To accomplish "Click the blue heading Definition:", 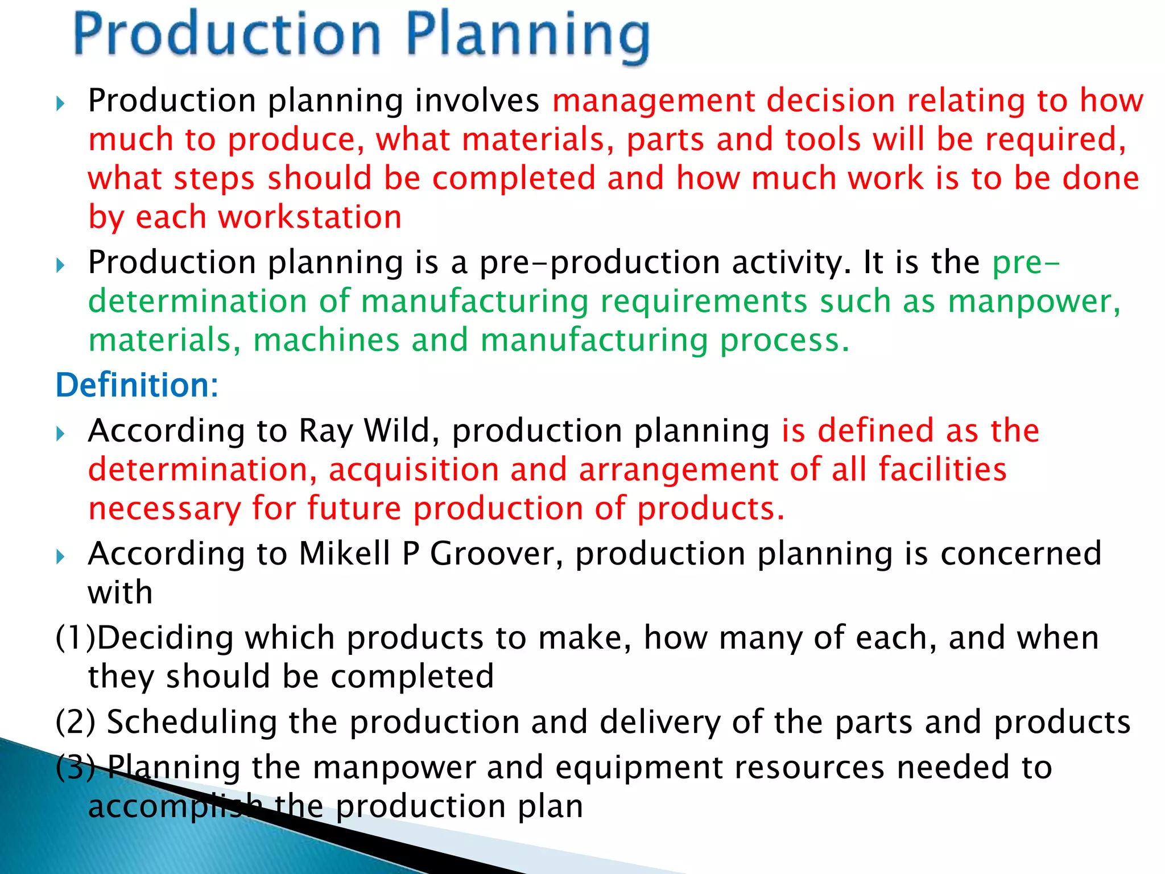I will (137, 385).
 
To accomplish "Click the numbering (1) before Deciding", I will (75, 638).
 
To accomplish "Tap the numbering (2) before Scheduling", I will (75, 722).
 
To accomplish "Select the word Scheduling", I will (192, 722).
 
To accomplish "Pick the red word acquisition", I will (414, 470).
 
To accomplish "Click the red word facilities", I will (942, 470).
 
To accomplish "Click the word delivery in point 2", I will (660, 722).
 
